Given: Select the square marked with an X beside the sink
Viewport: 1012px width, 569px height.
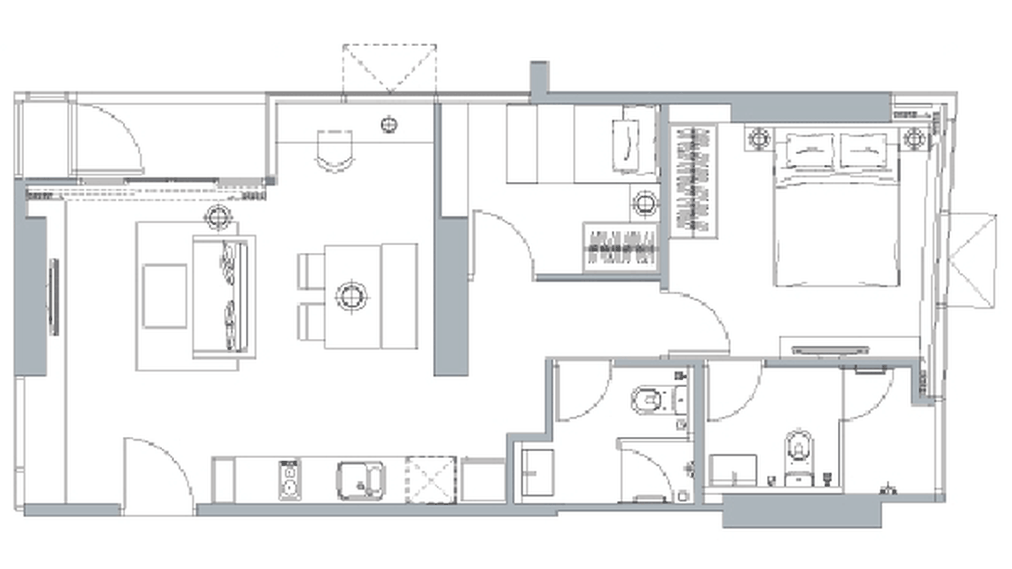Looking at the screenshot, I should (431, 479).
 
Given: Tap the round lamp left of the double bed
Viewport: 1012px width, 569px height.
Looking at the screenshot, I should (759, 139).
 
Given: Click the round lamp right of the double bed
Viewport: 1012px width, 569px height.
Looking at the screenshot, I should (914, 139).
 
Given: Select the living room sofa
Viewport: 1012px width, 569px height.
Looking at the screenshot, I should (223, 296).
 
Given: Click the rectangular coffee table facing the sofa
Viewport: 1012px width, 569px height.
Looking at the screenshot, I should (164, 296).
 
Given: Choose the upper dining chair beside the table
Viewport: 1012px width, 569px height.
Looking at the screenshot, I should (311, 271).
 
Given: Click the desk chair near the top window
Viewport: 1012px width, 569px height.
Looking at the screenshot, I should (335, 149).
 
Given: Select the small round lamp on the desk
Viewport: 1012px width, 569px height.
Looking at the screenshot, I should (389, 125).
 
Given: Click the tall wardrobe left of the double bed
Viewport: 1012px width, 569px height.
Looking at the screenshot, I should (694, 181).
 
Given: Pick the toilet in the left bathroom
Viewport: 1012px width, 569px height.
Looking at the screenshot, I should (650, 400).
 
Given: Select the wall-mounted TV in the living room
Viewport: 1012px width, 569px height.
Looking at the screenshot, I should (54, 297).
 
